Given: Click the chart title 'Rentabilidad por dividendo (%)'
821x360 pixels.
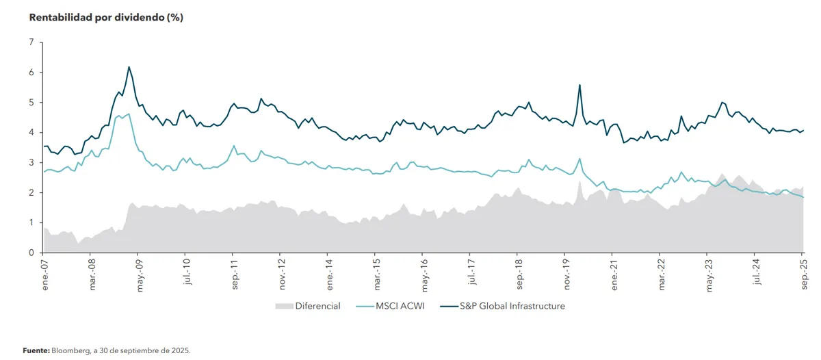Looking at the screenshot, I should [x=106, y=18].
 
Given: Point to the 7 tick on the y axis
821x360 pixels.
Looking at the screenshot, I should [x=31, y=42].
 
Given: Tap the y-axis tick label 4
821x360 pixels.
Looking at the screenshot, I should [x=31, y=133].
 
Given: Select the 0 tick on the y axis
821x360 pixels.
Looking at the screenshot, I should [x=31, y=253].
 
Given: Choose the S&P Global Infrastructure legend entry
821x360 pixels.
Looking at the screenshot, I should [x=502, y=306].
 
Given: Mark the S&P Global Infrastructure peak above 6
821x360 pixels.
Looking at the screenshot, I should [x=129, y=67].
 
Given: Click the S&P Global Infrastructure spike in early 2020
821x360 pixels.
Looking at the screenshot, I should [x=579, y=85].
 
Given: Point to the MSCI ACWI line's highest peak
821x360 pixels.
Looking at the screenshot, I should [x=129, y=114].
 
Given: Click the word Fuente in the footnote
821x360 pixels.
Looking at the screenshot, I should [x=36, y=350].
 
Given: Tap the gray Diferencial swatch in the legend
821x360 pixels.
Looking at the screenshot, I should [x=283, y=306].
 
